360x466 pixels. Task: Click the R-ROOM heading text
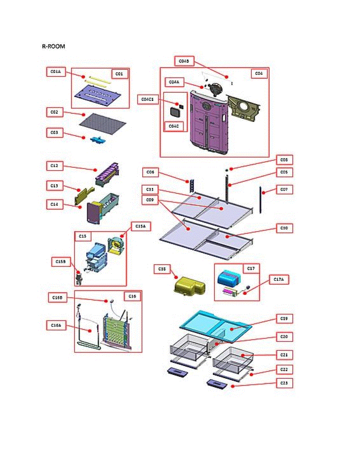click(54, 47)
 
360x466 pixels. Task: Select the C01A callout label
click(56, 72)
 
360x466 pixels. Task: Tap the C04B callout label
click(184, 61)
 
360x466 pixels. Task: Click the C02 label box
click(54, 112)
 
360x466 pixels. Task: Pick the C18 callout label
click(162, 269)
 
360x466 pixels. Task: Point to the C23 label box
click(284, 383)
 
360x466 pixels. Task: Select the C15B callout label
click(60, 262)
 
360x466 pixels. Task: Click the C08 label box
click(284, 159)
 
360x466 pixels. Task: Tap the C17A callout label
click(280, 279)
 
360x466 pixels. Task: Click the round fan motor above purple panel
click(215, 89)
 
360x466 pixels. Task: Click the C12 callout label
click(54, 166)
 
